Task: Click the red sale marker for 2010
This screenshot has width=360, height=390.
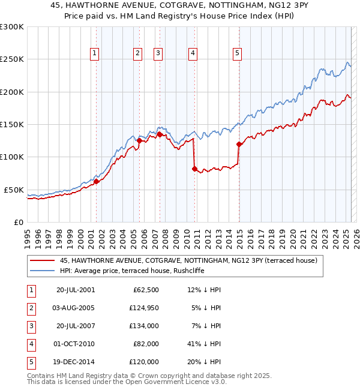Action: (194, 169)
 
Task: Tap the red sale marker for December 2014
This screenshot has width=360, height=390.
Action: (239, 144)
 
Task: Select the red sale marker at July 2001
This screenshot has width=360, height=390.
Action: (96, 181)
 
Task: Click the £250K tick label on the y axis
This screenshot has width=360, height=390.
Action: (12, 59)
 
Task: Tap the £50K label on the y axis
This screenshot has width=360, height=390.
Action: (14, 190)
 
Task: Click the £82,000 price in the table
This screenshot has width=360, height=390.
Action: (146, 344)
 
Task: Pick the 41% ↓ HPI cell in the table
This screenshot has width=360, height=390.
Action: (204, 344)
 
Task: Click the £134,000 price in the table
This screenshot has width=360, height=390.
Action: (143, 326)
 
